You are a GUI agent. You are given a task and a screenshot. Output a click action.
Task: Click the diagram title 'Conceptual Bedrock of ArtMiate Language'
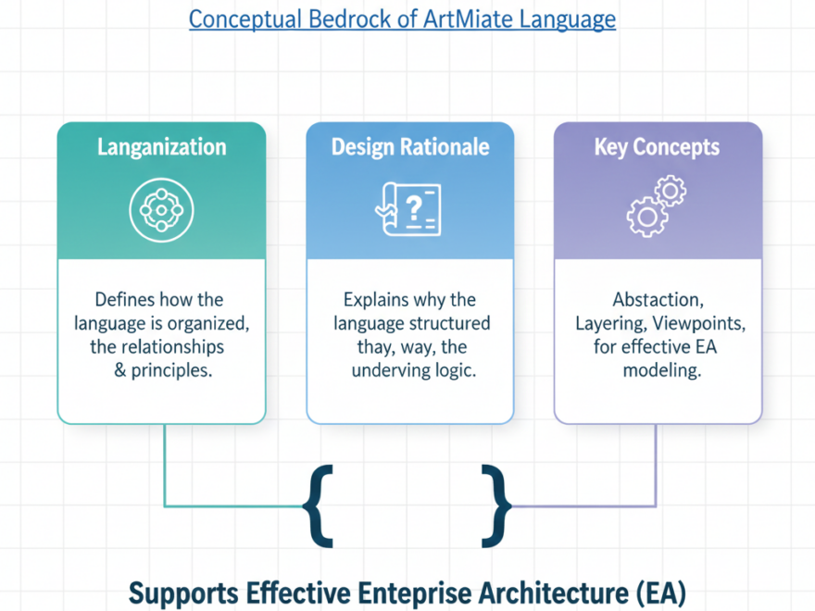pyautogui.click(x=402, y=19)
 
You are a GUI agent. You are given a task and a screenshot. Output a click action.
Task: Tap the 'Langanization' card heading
pyautogui.click(x=161, y=147)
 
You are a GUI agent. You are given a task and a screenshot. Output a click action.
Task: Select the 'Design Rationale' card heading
pyautogui.click(x=410, y=147)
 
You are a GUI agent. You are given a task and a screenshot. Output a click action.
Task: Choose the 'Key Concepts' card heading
pyautogui.click(x=658, y=147)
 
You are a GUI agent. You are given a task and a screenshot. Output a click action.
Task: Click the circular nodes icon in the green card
pyautogui.click(x=161, y=206)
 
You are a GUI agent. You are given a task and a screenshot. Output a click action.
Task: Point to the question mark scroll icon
pyautogui.click(x=408, y=209)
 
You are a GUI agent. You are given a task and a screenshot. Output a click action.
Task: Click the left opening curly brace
pyautogui.click(x=319, y=507)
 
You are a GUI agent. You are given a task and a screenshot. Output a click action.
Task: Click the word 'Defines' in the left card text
pyautogui.click(x=124, y=300)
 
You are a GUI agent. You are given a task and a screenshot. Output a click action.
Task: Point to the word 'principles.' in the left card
pyautogui.click(x=178, y=370)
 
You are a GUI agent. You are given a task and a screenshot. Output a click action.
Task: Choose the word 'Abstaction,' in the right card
pyautogui.click(x=658, y=300)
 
